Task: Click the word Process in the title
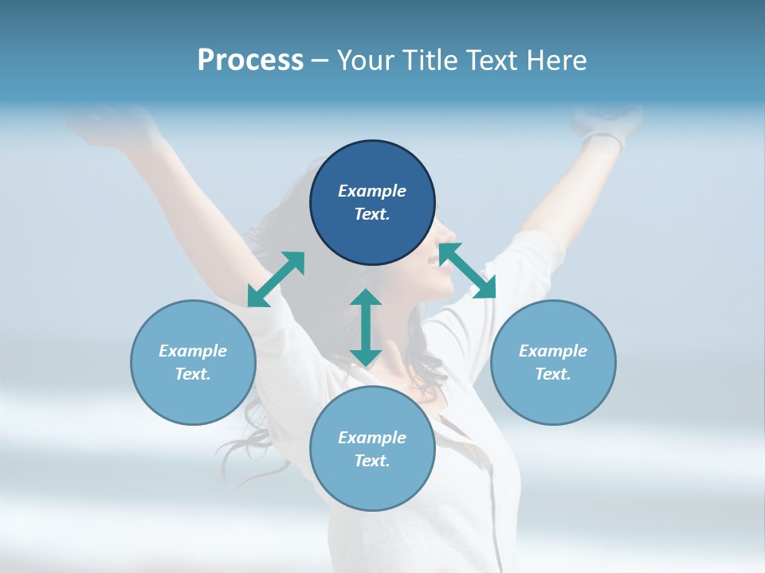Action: (250, 60)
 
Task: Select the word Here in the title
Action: (555, 60)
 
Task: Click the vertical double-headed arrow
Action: (366, 327)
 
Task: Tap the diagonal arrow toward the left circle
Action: (276, 279)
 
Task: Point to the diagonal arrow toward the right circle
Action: (468, 271)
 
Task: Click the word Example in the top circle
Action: (372, 191)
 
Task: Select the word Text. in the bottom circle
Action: (372, 461)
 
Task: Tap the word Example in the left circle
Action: (193, 351)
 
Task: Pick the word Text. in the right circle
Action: (553, 374)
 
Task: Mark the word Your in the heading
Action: (366, 60)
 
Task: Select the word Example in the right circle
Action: (553, 351)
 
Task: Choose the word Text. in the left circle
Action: (193, 374)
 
